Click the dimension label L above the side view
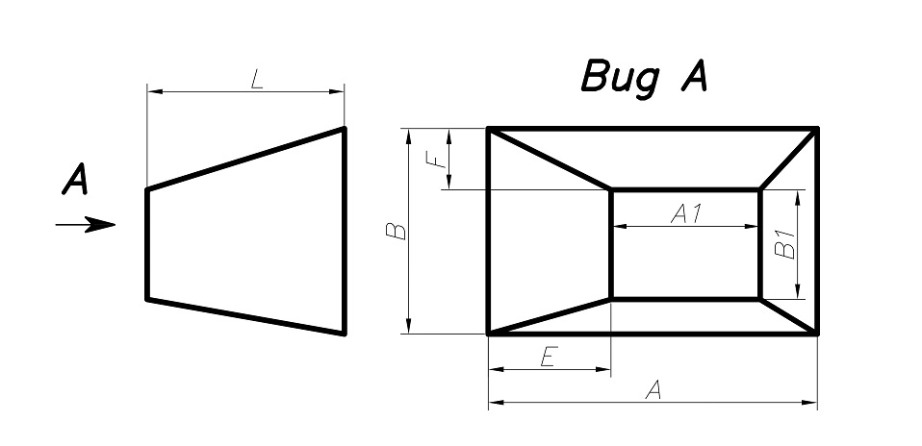point(256,81)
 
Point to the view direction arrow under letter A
point(86,226)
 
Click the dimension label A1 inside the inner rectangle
point(685,215)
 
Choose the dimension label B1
point(785,244)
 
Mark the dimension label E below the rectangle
point(547,359)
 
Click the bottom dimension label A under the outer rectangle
point(653,389)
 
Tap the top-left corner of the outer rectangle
point(489,129)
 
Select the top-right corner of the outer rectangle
point(817,129)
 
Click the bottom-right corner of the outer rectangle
point(817,333)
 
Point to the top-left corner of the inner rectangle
point(611,190)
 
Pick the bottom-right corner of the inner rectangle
point(760,299)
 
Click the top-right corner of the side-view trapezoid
point(344,128)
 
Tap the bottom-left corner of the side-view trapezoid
point(147,299)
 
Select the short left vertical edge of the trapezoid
point(147,244)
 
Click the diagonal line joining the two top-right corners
point(789,159)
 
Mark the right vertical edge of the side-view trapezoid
point(344,231)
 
